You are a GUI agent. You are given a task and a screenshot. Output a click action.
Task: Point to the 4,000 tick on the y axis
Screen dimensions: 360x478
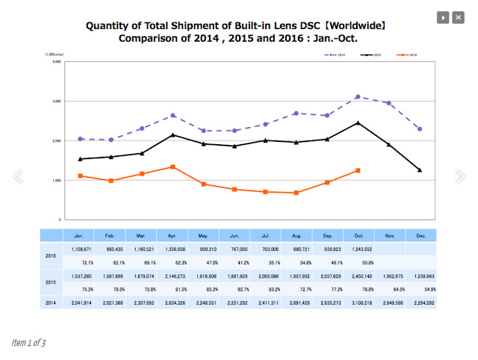click(x=56, y=61)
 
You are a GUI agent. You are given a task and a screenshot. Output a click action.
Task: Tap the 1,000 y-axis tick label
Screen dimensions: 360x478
click(x=56, y=180)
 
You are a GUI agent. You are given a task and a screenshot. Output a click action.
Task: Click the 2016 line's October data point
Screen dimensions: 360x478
click(x=358, y=170)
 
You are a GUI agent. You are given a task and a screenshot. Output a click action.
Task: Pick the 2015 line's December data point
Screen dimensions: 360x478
click(x=420, y=170)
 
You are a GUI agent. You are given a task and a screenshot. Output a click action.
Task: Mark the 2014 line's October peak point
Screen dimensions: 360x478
click(x=358, y=96)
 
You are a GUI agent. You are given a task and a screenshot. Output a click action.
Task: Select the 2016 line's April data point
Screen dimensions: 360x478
click(x=173, y=167)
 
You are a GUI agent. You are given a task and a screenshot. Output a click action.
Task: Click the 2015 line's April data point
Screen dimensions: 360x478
click(x=173, y=134)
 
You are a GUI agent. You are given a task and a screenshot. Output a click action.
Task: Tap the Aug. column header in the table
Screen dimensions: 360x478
click(x=297, y=235)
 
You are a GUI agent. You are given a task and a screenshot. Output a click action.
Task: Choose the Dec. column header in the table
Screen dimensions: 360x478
click(x=420, y=235)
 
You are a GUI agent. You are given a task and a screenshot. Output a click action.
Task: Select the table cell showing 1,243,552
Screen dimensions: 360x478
click(x=358, y=248)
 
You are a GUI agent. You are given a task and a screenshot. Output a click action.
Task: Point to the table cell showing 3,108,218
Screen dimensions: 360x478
click(x=358, y=302)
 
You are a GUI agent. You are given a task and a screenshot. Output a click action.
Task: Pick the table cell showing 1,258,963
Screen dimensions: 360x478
click(x=420, y=276)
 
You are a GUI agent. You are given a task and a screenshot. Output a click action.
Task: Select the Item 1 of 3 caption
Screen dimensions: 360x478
click(x=28, y=343)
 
